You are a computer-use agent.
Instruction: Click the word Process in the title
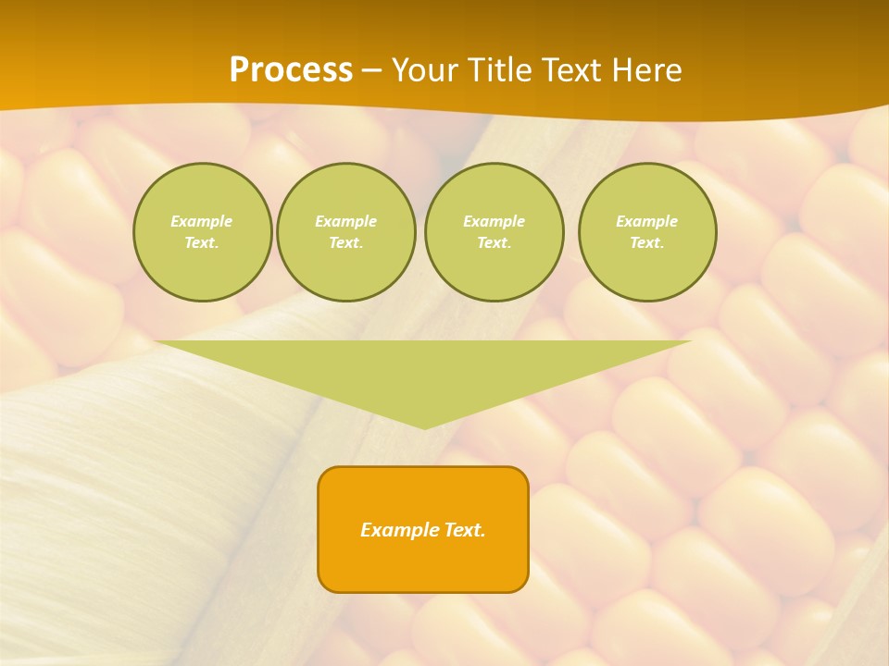(x=291, y=70)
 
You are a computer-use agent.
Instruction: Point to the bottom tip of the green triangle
(x=424, y=427)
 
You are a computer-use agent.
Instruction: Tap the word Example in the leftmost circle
(x=202, y=221)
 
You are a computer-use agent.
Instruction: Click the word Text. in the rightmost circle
(x=647, y=242)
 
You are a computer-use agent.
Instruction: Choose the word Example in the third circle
(x=494, y=221)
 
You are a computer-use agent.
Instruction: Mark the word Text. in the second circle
(x=345, y=242)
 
